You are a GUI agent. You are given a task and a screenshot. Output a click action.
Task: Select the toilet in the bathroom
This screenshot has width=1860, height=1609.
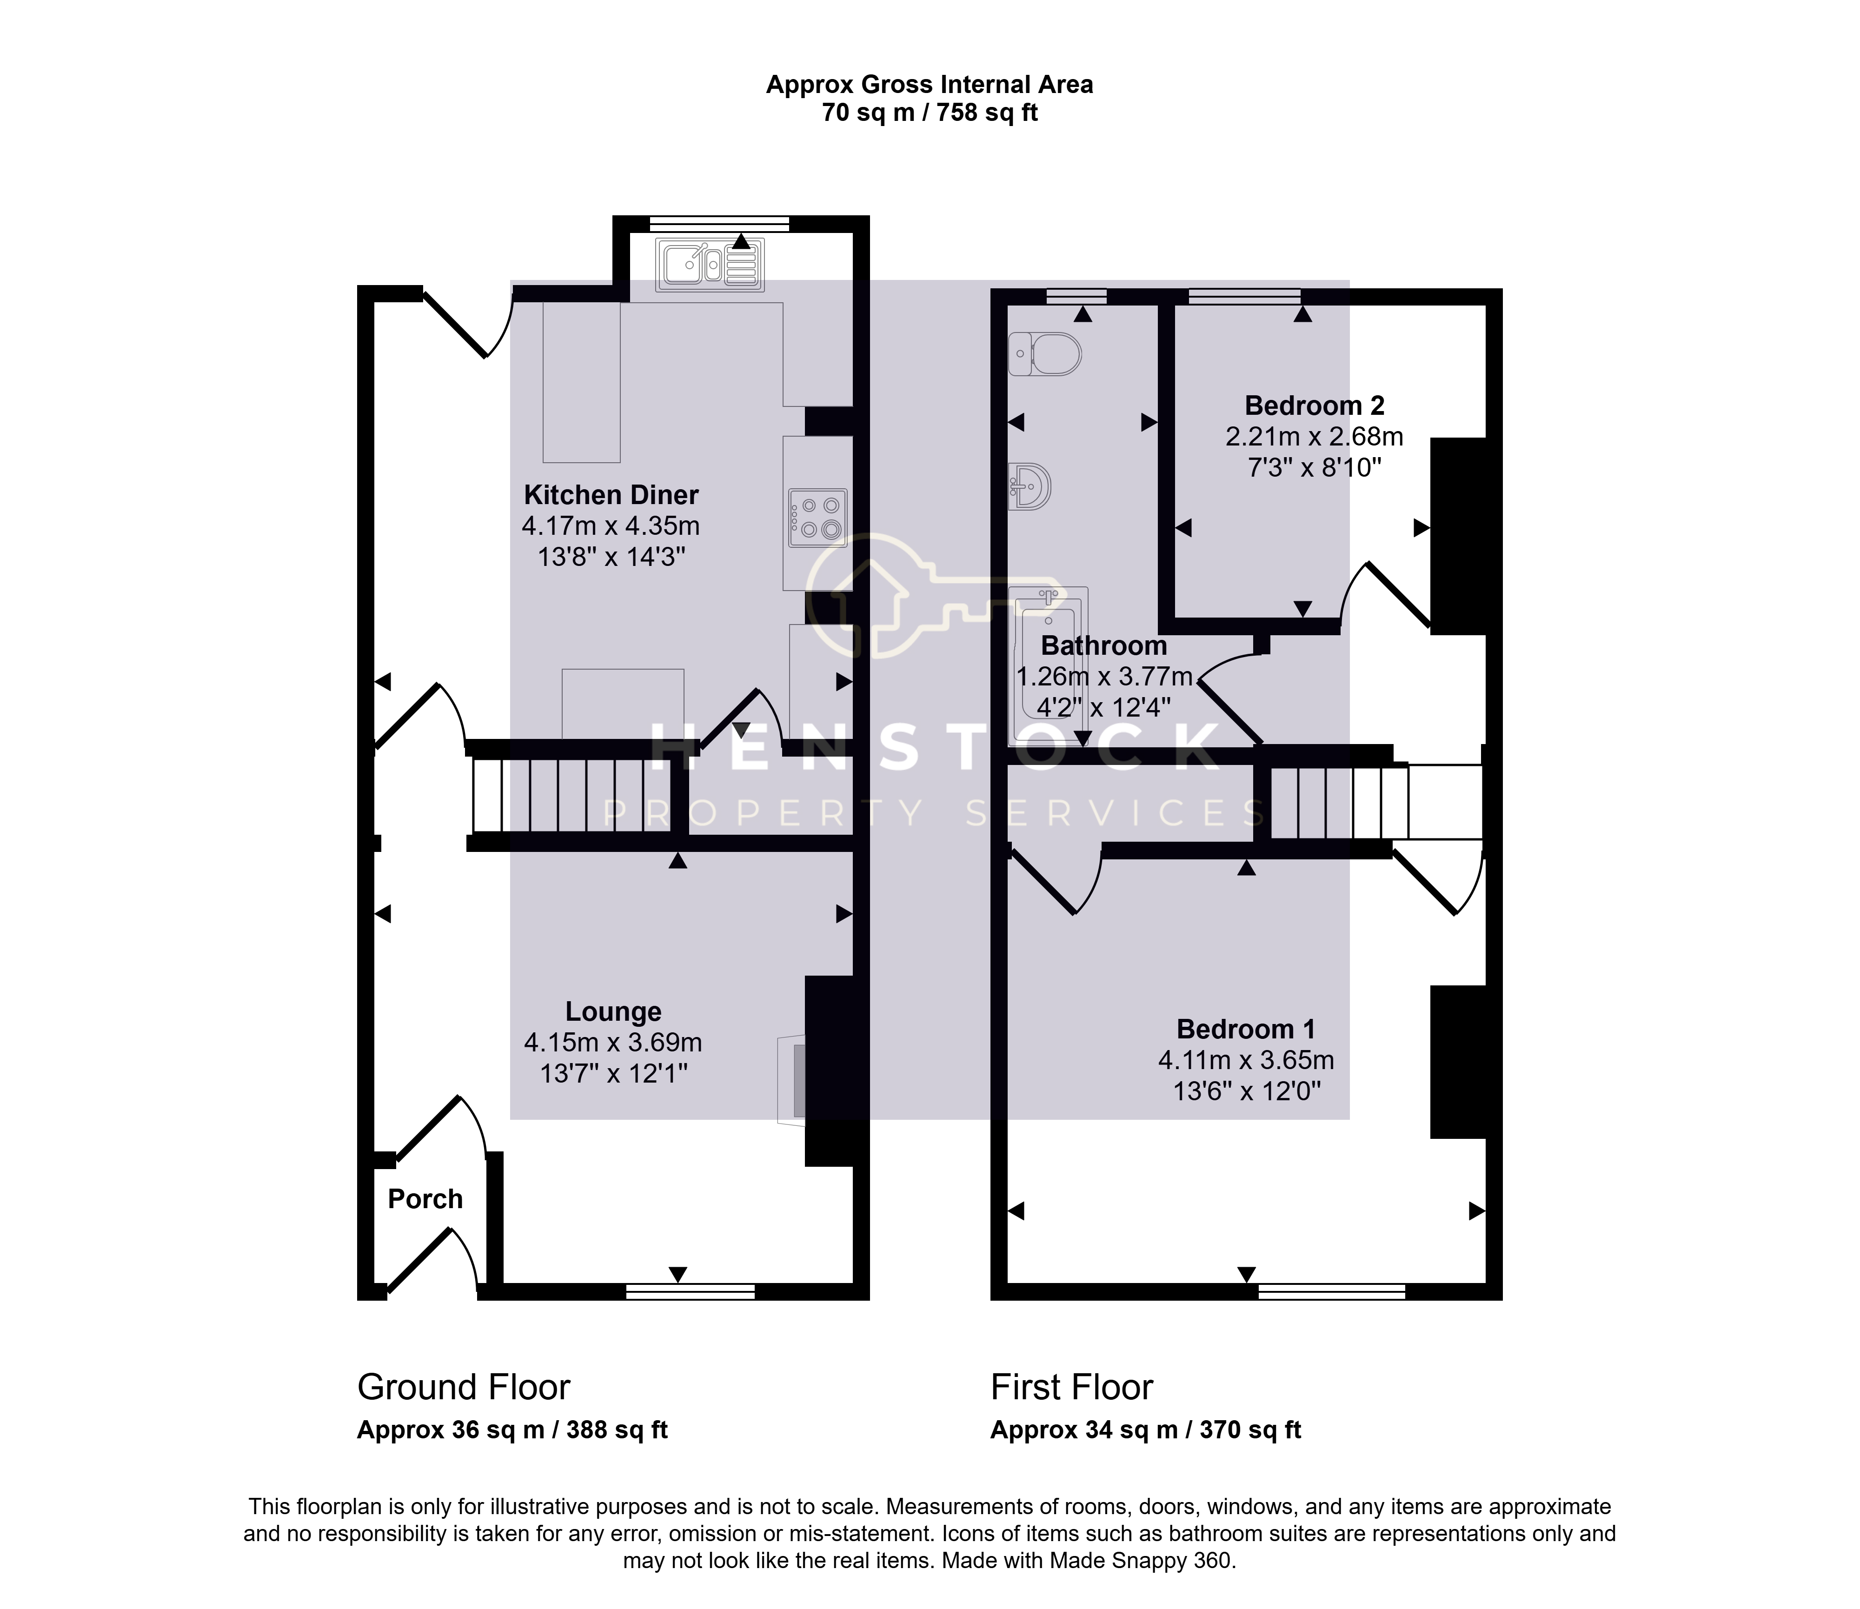tap(1045, 354)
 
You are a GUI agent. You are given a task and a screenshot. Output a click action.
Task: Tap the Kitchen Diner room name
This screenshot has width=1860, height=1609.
tap(611, 495)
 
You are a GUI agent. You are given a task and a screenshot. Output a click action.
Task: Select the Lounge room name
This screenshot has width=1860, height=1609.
tap(613, 1012)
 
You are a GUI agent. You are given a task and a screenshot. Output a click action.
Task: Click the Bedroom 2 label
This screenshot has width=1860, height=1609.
tap(1314, 406)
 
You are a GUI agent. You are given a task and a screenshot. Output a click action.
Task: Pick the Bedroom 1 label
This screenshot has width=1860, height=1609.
tap(1246, 1029)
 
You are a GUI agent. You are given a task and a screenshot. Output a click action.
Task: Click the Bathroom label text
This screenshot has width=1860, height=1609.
tap(1104, 645)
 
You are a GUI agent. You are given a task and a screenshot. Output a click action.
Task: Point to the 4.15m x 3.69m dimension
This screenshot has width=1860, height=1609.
tap(613, 1043)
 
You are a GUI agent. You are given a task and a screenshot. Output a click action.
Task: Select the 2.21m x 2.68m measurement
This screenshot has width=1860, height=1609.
tap(1314, 436)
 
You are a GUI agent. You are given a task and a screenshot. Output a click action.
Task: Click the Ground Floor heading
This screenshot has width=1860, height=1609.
tap(464, 1387)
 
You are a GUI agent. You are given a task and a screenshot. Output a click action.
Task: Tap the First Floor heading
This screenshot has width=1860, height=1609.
tap(1072, 1387)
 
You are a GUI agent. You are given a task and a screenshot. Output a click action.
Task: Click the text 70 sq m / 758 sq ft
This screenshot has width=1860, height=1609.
tap(930, 113)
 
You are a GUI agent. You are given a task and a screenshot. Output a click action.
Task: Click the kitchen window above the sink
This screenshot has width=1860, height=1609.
tap(719, 224)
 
